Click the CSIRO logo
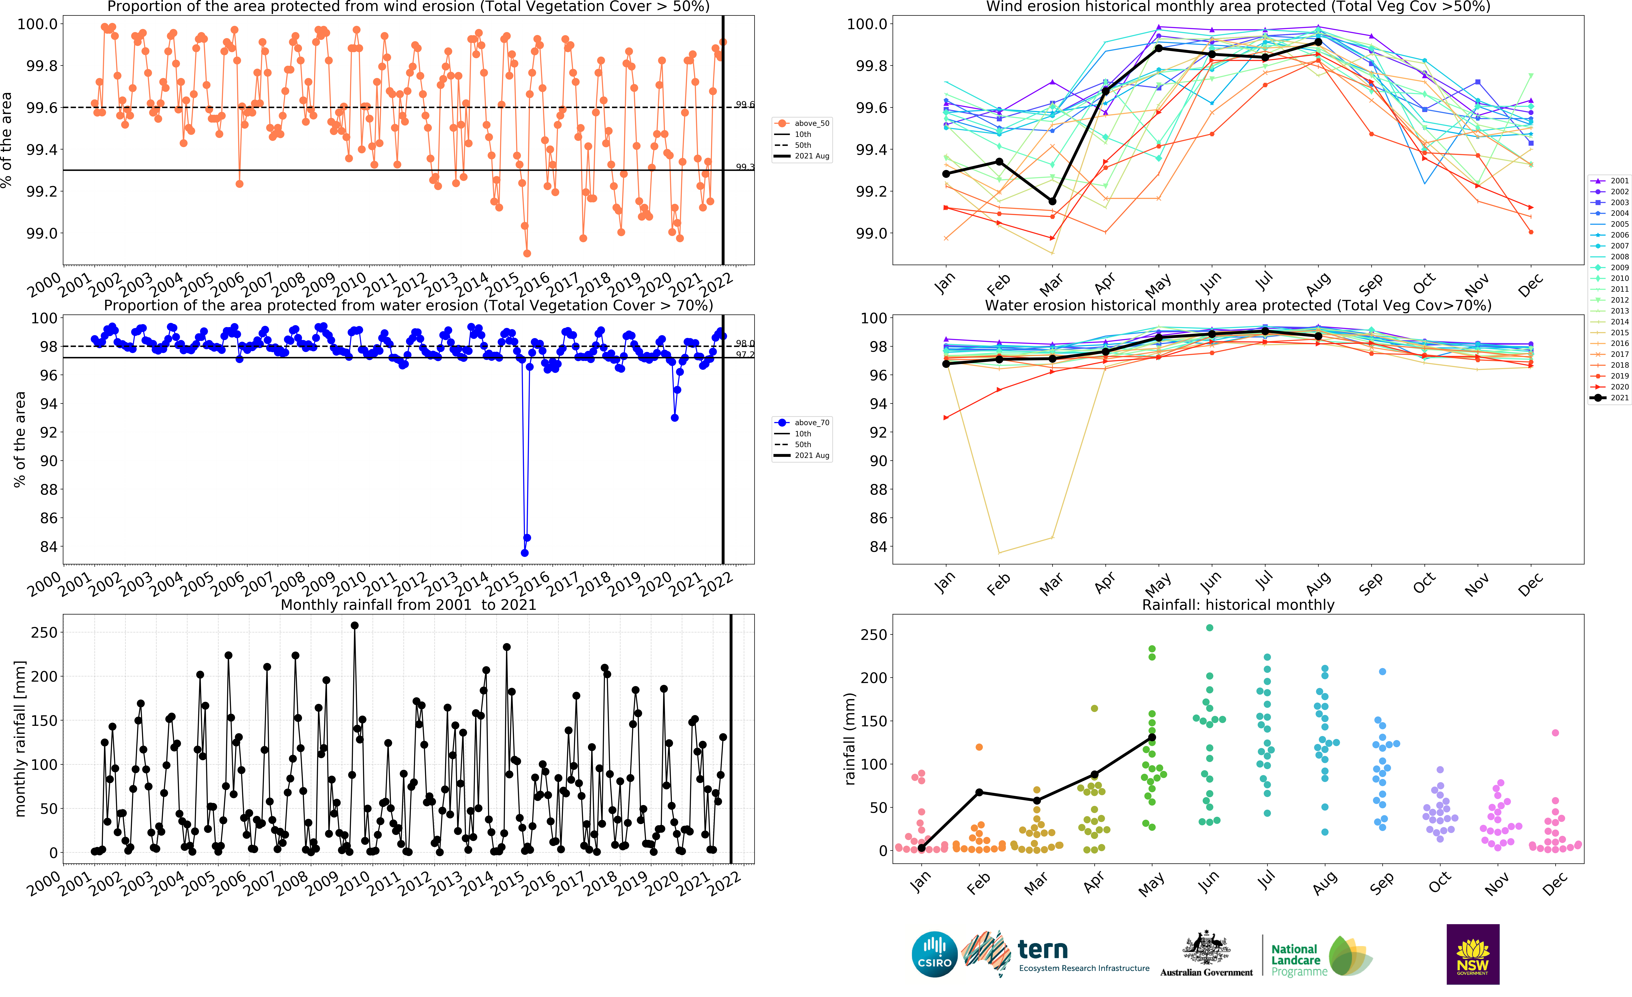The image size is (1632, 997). [x=934, y=955]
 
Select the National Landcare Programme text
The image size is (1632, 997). [x=1298, y=960]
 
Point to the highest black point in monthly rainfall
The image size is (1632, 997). [x=354, y=626]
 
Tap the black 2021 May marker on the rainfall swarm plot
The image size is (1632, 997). [x=1152, y=738]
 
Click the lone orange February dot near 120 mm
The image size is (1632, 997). [x=979, y=747]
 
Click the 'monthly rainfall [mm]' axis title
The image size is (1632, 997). [x=20, y=738]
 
